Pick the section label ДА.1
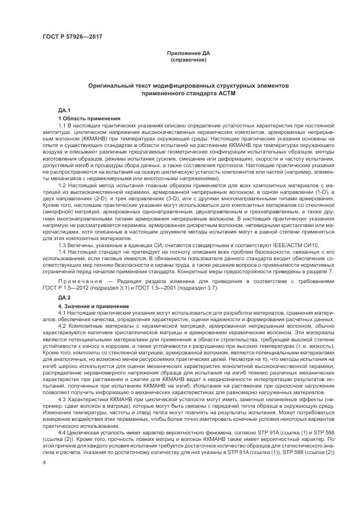(64, 111)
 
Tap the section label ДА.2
(64, 297)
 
